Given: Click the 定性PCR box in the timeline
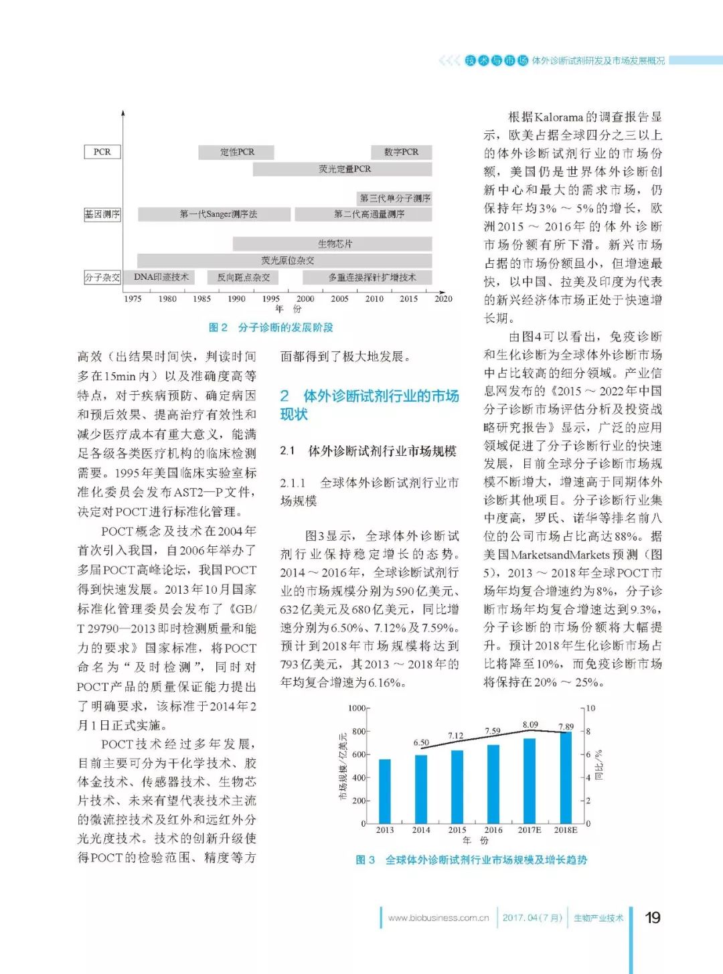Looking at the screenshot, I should click(237, 152).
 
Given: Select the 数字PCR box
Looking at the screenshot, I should click(401, 152).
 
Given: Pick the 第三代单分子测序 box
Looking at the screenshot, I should click(395, 198).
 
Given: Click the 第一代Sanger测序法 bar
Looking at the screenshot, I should click(215, 214).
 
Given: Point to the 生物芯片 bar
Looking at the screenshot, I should click(332, 244).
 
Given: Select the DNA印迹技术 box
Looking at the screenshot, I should click(161, 277).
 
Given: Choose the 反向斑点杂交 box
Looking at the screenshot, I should click(244, 277).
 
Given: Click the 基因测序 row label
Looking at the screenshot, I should click(102, 214).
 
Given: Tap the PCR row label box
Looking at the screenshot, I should click(102, 152).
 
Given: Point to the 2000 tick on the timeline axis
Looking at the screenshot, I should click(305, 299).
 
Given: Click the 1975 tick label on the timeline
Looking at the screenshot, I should click(133, 299).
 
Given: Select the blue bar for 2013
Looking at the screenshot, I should click(385, 791).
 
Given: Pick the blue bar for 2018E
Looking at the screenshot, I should click(566, 777).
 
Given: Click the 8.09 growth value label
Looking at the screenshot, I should click(530, 724).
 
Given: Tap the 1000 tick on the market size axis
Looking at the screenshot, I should click(357, 708).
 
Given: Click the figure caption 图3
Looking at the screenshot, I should click(366, 860).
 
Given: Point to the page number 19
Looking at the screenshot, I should click(653, 917).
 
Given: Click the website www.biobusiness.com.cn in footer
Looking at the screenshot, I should click(438, 918).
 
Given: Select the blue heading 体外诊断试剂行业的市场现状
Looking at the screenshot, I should click(370, 404).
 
